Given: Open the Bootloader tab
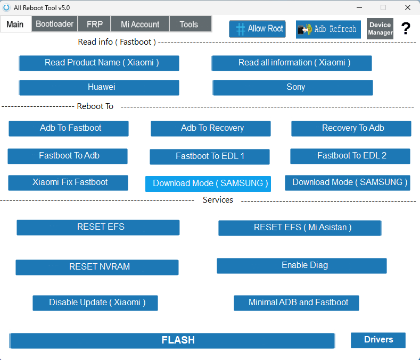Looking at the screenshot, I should pos(55,24).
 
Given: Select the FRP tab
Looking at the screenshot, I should pos(95,24).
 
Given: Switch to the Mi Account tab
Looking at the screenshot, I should pos(140,24).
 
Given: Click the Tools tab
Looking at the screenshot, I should pos(189,24).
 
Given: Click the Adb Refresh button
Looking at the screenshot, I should pos(328,29).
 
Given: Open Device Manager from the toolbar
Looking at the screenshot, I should pos(380,29).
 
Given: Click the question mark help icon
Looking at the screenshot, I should pos(406,29).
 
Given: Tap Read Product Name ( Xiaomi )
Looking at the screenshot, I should pos(99,63).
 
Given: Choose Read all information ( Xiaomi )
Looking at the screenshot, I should pos(292,63).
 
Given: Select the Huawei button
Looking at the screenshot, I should pos(99,87).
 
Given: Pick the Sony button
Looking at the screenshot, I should pos(293,87).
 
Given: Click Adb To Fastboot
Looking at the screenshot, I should pos(69,128).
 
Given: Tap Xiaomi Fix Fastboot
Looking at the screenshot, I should pos(68,182).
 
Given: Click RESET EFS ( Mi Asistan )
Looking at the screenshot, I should pos(300,228).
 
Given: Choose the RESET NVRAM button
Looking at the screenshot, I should pos(97,267).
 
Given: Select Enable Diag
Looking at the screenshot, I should pos(302,265).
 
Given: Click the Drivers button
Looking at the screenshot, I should pos(378,340).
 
